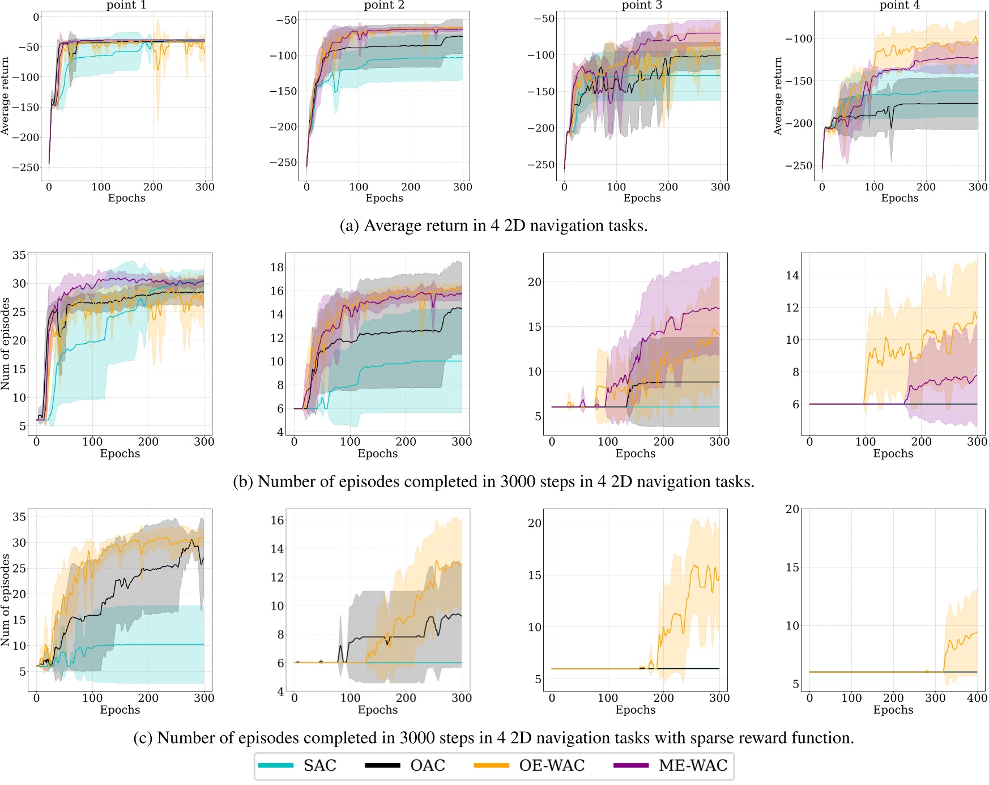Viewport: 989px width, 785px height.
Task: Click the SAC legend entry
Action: tap(319, 766)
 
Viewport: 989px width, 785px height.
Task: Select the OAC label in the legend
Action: tap(428, 766)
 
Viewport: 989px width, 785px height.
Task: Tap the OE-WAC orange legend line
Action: tap(491, 766)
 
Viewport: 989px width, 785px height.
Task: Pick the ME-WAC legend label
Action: tap(693, 766)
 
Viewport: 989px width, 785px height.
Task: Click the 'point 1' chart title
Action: tap(126, 5)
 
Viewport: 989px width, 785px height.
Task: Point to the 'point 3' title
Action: tap(642, 5)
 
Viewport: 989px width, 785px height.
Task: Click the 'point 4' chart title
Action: tap(900, 5)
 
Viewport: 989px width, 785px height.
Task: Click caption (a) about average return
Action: tap(493, 225)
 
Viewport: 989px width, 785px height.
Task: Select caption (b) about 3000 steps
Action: tap(493, 481)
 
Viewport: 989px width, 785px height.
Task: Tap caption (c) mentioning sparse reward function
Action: tap(493, 737)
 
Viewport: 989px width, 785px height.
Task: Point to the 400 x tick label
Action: tap(977, 698)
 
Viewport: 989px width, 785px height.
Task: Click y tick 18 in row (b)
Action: tap(276, 267)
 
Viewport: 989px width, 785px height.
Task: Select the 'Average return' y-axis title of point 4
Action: tap(778, 96)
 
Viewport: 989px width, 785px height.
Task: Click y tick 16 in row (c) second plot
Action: tap(276, 520)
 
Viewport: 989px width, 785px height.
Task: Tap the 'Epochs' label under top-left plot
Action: tap(126, 198)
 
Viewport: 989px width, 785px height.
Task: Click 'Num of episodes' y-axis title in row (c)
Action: tap(6, 600)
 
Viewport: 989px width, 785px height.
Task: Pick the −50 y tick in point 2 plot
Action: tap(286, 20)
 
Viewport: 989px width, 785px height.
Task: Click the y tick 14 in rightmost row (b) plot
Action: tap(792, 276)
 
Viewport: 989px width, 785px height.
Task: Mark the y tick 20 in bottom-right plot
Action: tap(792, 509)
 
